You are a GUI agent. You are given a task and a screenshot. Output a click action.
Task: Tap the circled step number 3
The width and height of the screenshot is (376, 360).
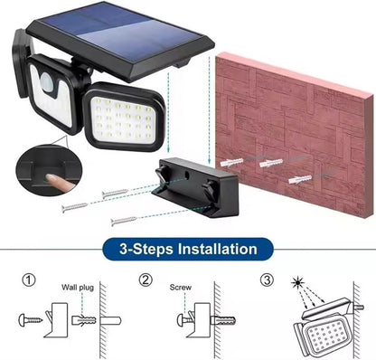268,280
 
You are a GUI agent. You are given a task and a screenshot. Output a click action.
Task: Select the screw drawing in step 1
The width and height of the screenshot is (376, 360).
33,319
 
